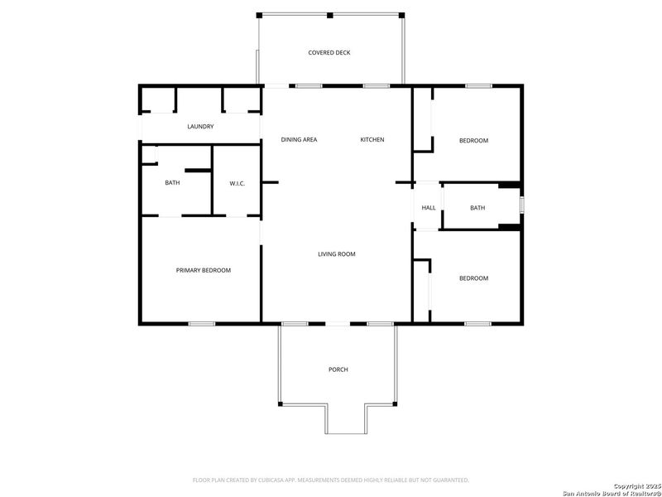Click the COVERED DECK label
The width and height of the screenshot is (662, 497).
(329, 53)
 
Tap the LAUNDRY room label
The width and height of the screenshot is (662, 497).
(200, 127)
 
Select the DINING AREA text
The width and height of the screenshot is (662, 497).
(299, 140)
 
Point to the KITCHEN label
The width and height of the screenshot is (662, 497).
(372, 140)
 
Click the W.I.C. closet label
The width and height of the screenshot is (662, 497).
(237, 183)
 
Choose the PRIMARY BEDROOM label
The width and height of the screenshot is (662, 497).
(203, 271)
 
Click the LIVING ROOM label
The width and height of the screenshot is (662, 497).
(337, 254)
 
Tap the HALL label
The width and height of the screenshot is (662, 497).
(429, 208)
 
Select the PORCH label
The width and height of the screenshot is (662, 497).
(338, 369)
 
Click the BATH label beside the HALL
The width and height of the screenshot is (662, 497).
(477, 208)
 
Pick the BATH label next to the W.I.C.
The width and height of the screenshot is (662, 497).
(172, 183)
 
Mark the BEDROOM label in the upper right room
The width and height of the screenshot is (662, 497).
(473, 141)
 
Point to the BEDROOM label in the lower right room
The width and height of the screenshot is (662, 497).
(473, 278)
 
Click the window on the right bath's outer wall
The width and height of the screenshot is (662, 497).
(521, 205)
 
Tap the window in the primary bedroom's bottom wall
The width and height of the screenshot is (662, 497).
(202, 323)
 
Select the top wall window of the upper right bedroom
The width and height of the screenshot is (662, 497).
(477, 85)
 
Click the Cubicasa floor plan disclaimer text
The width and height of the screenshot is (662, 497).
(330, 480)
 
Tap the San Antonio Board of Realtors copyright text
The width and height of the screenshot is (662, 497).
(611, 490)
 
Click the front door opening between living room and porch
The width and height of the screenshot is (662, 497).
(337, 323)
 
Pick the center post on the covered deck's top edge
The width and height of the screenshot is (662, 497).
(329, 15)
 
